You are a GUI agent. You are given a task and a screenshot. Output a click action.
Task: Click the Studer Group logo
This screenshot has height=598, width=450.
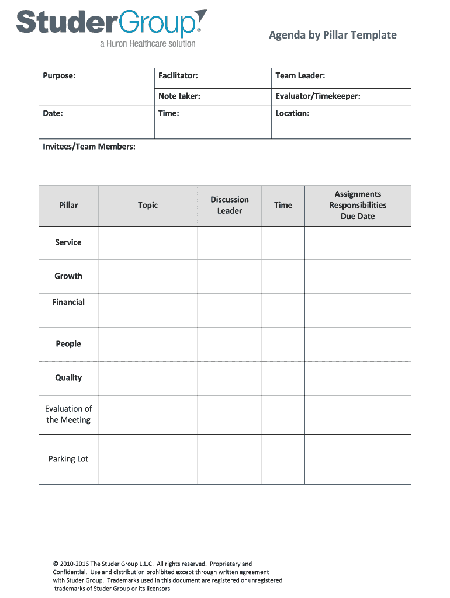pyautogui.click(x=111, y=27)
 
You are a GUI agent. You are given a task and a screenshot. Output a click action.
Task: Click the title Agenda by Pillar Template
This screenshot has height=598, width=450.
pyautogui.click(x=333, y=35)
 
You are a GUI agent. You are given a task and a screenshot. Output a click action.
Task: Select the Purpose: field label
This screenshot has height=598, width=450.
pyautogui.click(x=59, y=75)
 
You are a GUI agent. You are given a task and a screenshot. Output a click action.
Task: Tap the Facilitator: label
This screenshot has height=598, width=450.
pyautogui.click(x=178, y=75)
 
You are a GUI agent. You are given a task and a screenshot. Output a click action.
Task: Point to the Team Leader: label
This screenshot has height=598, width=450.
pyautogui.click(x=300, y=75)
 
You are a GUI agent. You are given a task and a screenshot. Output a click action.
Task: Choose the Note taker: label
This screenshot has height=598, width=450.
pyautogui.click(x=179, y=96)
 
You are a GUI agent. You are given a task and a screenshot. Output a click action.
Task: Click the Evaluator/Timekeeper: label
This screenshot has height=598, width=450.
pyautogui.click(x=317, y=96)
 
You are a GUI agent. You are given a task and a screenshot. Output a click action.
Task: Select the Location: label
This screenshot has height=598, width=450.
pyautogui.click(x=292, y=113)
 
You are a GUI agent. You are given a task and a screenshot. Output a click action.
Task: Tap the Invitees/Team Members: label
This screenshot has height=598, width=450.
pyautogui.click(x=89, y=146)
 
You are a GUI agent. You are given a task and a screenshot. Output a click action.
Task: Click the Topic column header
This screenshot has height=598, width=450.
pyautogui.click(x=148, y=205)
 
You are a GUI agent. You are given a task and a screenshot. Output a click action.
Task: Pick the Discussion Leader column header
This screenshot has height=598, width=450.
pyautogui.click(x=230, y=205)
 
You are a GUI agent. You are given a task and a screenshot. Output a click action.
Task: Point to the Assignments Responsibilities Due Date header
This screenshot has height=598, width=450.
pyautogui.click(x=358, y=205)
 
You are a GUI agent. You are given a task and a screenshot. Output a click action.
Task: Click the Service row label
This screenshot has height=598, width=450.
pyautogui.click(x=68, y=242)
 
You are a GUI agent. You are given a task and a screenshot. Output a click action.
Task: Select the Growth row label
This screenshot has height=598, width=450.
pyautogui.click(x=68, y=276)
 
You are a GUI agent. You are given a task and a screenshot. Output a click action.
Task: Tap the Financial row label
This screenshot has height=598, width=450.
pyautogui.click(x=68, y=302)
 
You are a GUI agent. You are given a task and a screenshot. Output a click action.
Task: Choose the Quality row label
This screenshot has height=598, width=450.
pyautogui.click(x=68, y=378)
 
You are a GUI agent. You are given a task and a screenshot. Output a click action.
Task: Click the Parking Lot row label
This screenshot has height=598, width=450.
pyautogui.click(x=68, y=459)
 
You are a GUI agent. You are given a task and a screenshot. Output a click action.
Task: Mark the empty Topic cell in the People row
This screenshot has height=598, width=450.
pyautogui.click(x=148, y=345)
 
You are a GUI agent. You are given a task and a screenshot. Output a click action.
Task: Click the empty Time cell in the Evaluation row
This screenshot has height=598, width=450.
pyautogui.click(x=283, y=415)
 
